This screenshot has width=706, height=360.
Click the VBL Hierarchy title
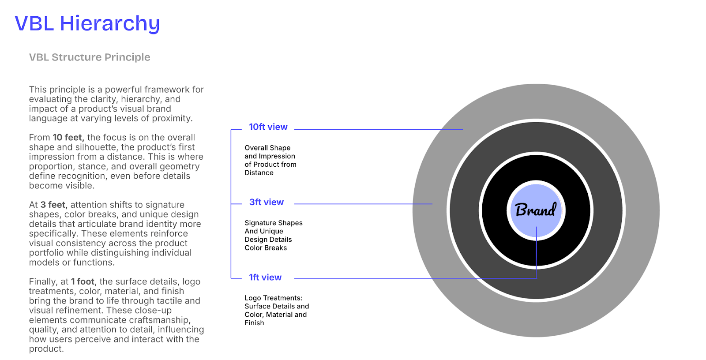click(x=87, y=23)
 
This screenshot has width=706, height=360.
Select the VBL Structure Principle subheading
click(x=90, y=57)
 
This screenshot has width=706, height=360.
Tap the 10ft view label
click(x=268, y=127)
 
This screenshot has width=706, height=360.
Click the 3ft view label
click(x=266, y=202)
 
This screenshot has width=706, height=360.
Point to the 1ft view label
click(x=265, y=277)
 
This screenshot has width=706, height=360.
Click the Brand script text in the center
click(x=536, y=210)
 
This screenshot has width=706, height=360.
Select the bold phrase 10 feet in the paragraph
click(x=68, y=138)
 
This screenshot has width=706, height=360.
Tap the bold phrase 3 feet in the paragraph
click(x=53, y=205)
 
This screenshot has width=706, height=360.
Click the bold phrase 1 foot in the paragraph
click(x=83, y=281)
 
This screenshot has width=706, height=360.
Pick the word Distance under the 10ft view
click(x=259, y=173)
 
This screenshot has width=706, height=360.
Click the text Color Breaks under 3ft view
click(x=266, y=248)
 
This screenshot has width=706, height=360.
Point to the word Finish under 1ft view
click(x=254, y=323)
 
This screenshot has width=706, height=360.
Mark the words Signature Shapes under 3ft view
click(x=274, y=223)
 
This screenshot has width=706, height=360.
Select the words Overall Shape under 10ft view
click(x=267, y=148)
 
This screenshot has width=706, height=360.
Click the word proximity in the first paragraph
click(x=172, y=118)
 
